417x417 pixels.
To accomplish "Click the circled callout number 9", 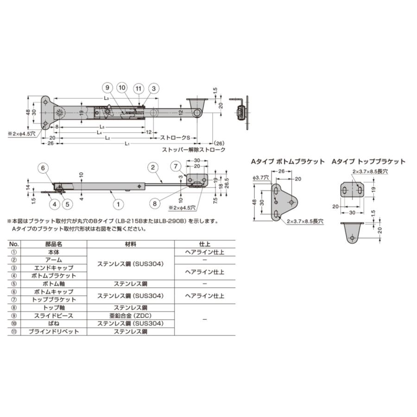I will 106,88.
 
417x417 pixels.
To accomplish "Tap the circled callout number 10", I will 121,88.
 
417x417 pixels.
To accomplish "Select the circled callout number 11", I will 138,88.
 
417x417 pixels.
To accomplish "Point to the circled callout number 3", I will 153,88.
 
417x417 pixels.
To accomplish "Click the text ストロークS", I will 176,138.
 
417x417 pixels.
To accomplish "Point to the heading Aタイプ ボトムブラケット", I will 288,162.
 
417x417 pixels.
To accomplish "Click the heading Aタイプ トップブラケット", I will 368,162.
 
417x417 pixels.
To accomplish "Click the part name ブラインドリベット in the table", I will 54,332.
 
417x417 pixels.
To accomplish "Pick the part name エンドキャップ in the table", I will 54,268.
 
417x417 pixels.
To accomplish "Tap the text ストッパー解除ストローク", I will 194,150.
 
